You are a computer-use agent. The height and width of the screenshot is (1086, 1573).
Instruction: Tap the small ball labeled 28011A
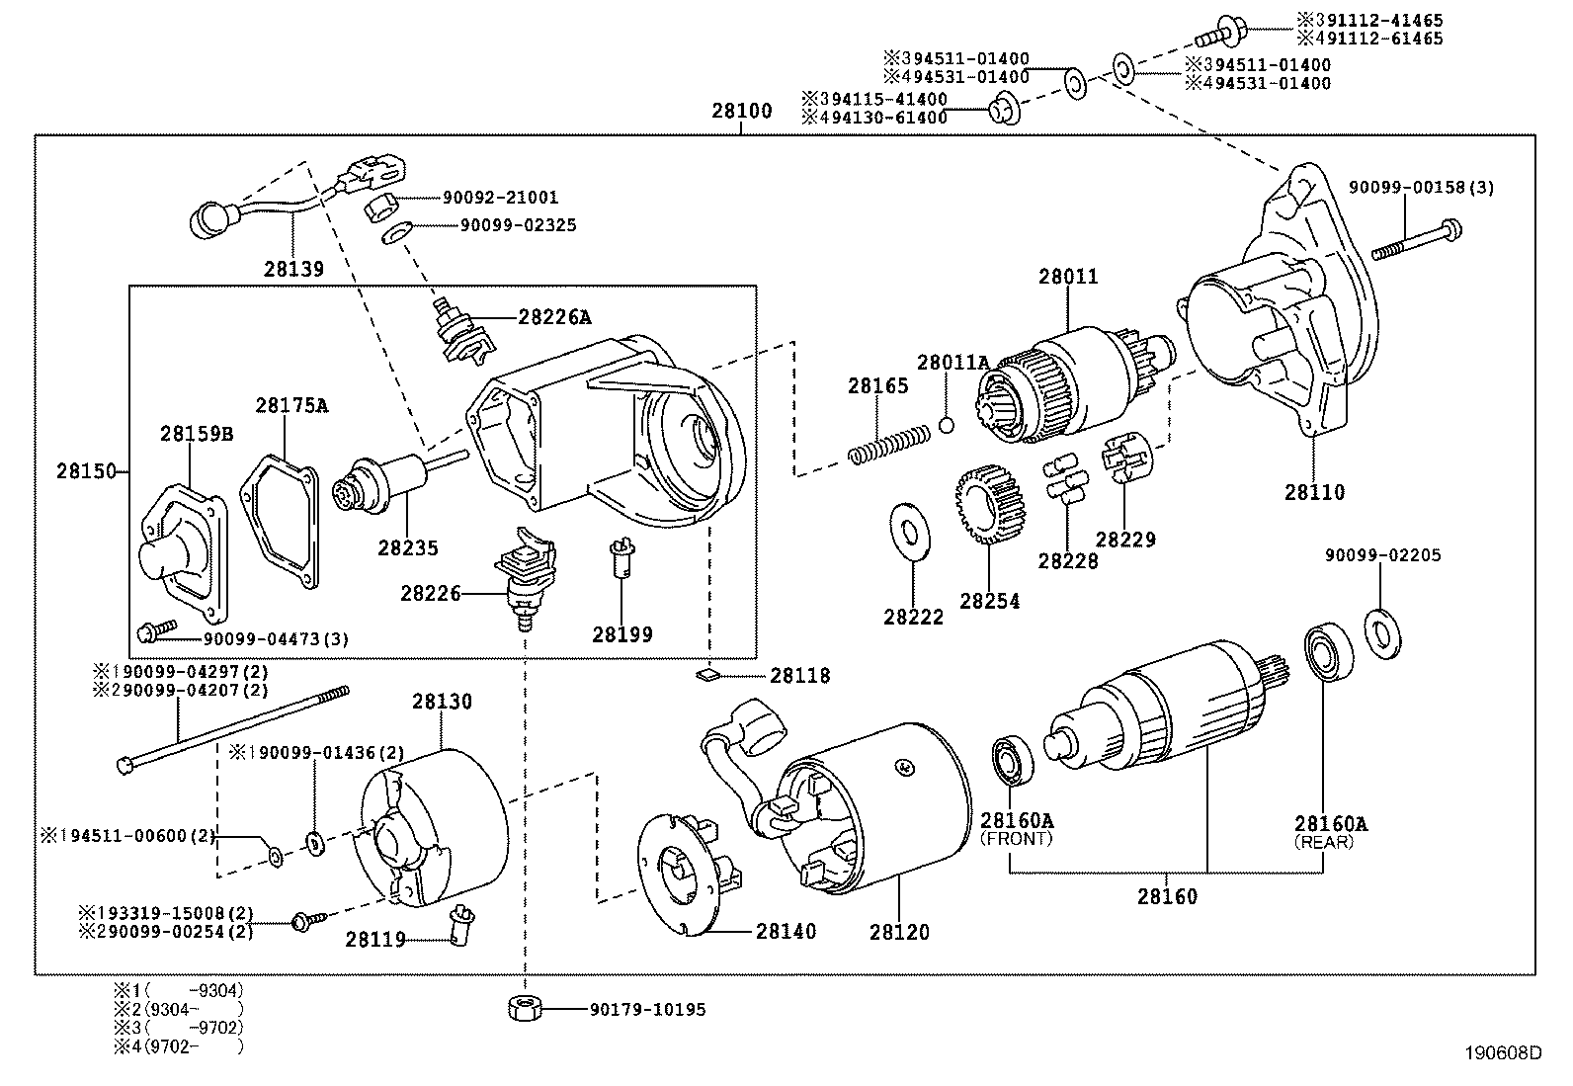(x=946, y=425)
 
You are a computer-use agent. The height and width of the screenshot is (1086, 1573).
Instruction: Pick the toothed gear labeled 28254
(x=991, y=508)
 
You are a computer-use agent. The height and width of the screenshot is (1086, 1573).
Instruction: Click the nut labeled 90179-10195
(x=524, y=1009)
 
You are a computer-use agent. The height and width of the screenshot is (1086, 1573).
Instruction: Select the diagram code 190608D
(x=1505, y=1053)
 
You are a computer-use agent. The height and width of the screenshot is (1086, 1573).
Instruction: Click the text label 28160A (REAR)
(x=1324, y=832)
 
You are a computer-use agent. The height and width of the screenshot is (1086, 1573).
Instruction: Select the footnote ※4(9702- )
(x=178, y=1045)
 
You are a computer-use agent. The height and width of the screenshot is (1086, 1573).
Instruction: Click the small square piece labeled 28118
(x=706, y=676)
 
